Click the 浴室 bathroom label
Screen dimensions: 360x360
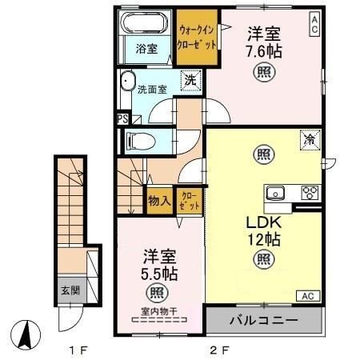click(146, 49)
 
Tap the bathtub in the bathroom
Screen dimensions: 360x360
click(146, 24)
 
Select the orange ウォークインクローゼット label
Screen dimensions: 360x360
click(197, 35)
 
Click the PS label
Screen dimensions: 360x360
click(122, 119)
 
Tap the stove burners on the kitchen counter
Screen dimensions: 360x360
click(310, 193)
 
